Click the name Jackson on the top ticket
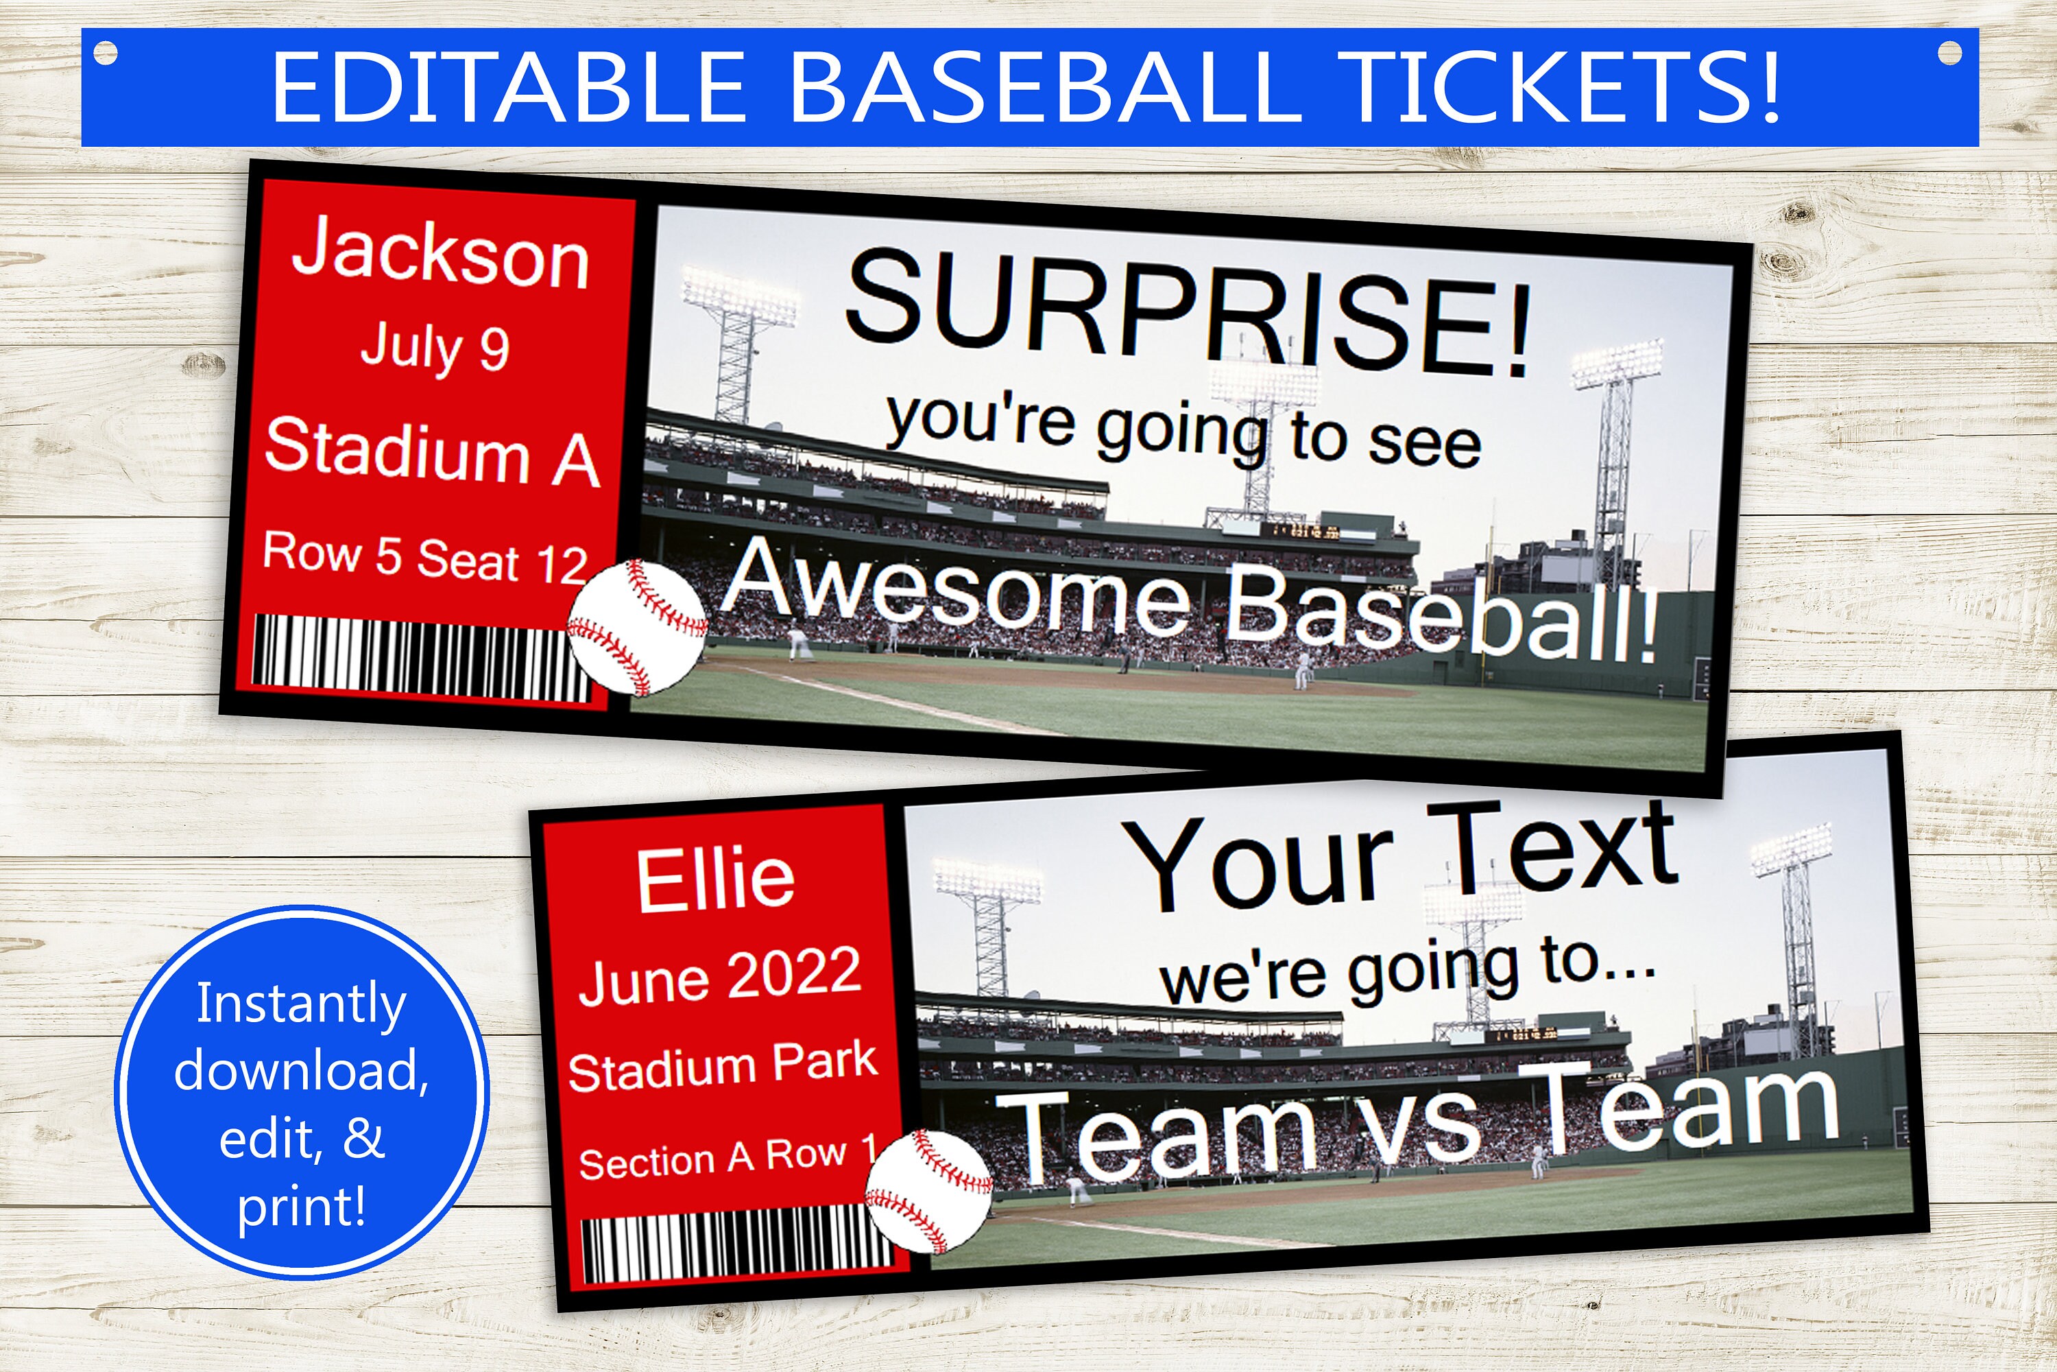click(x=440, y=254)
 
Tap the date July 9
click(x=435, y=347)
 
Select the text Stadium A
click(x=432, y=452)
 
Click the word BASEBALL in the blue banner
click(x=1042, y=88)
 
